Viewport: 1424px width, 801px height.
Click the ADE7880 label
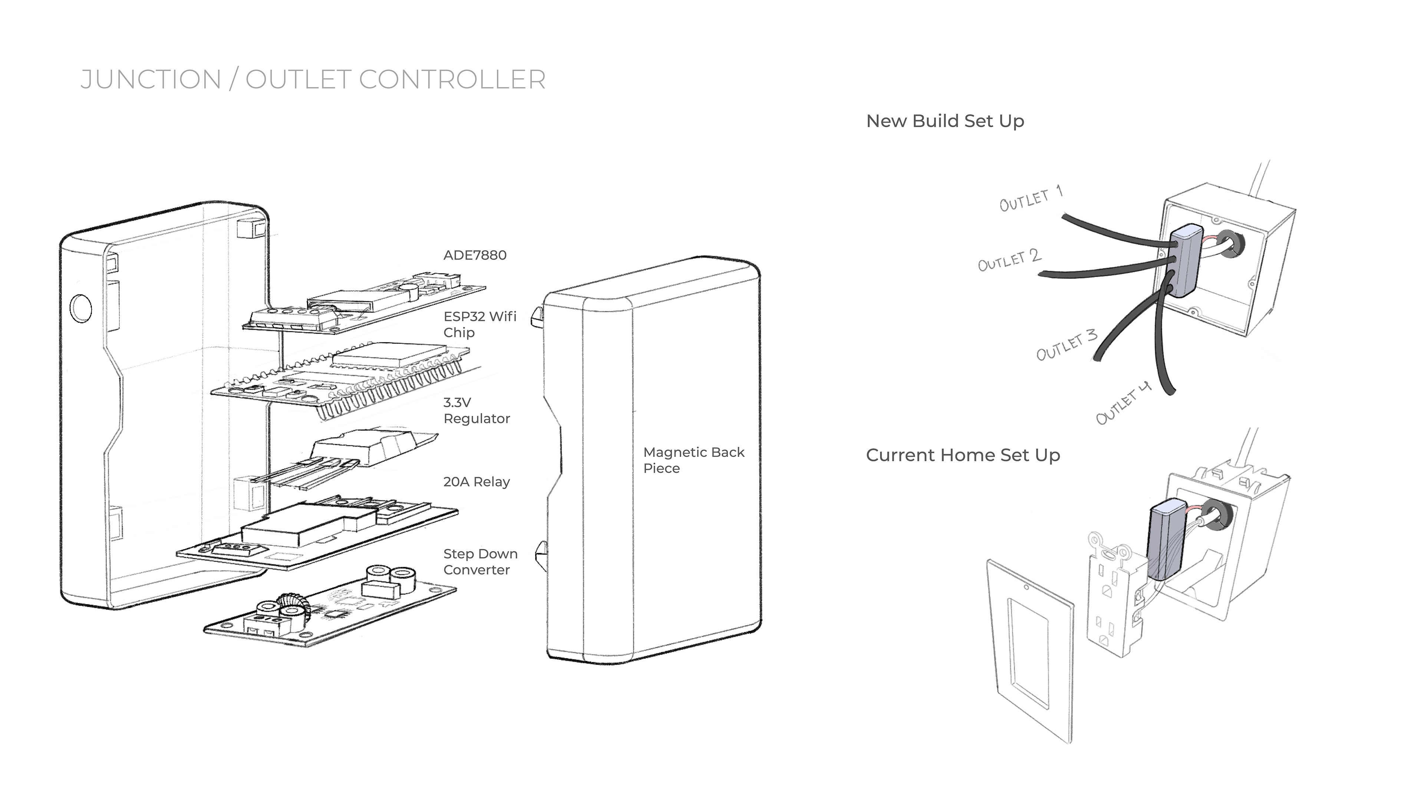(x=474, y=256)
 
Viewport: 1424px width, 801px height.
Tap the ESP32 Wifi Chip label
(x=479, y=324)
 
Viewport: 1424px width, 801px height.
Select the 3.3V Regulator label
(x=476, y=411)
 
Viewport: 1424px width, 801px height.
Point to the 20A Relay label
(x=476, y=482)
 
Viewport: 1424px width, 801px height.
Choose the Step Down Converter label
(x=480, y=562)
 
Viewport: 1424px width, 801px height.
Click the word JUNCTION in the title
(x=150, y=80)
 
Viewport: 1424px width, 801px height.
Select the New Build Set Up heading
(x=945, y=121)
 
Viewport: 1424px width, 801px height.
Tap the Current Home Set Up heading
(x=962, y=455)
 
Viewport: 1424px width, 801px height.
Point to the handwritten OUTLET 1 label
(x=1031, y=199)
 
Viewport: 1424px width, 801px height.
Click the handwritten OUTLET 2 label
(x=1009, y=260)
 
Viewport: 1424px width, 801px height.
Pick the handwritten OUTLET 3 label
(x=1066, y=345)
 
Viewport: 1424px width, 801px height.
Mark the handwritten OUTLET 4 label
(x=1123, y=403)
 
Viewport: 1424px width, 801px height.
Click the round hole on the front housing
(x=81, y=308)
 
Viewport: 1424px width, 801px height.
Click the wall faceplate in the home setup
(x=1029, y=650)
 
